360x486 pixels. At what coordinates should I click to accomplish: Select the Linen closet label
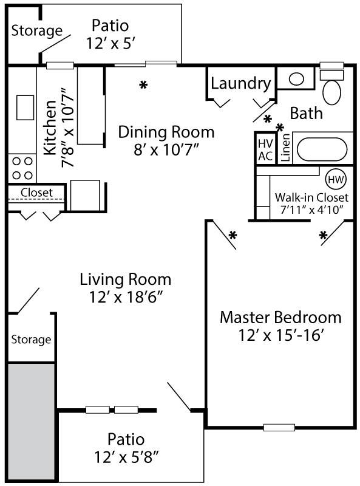pos(285,148)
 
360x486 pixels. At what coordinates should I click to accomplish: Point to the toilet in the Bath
pos(332,88)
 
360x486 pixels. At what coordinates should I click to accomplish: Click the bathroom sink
pos(296,78)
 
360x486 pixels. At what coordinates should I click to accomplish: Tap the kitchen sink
pos(25,108)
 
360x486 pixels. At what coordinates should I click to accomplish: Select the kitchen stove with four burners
pos(22,168)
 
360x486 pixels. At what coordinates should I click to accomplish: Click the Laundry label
pos(240,83)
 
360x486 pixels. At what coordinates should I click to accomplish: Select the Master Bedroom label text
pos(280,317)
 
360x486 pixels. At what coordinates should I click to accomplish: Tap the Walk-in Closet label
pos(311,197)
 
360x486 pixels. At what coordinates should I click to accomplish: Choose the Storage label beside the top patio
pos(37,30)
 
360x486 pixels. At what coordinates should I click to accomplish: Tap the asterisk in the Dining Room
pos(143,84)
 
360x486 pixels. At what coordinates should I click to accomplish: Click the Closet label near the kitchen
pos(37,193)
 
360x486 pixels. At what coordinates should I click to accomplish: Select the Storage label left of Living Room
pos(31,339)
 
